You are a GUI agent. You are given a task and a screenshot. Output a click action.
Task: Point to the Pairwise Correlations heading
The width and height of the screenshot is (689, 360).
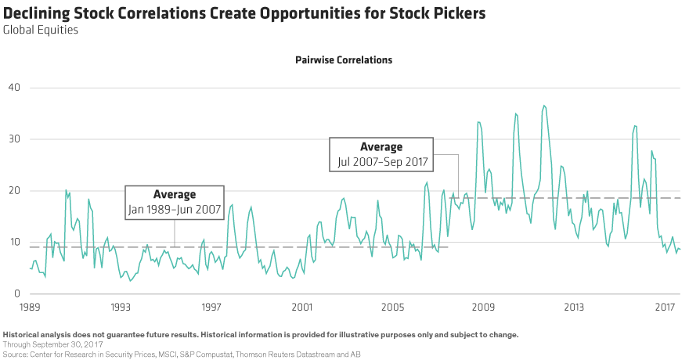click(344, 59)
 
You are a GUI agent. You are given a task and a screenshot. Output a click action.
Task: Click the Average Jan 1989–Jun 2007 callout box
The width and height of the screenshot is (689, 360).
click(175, 202)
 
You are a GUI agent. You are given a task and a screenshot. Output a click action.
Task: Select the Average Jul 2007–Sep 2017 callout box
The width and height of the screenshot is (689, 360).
click(381, 154)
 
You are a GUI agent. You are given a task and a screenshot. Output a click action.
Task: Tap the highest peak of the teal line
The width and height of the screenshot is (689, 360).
click(544, 105)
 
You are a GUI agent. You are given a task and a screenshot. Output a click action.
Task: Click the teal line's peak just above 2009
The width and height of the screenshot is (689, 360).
click(478, 121)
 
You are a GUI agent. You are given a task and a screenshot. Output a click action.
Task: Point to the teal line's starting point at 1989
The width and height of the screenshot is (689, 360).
click(30, 268)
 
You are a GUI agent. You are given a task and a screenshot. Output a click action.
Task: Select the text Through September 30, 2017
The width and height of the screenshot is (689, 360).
click(52, 344)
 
